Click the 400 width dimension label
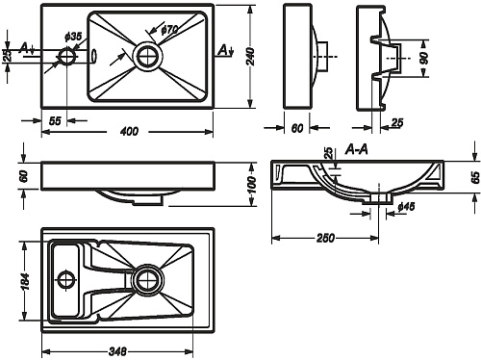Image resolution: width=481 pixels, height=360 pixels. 129,131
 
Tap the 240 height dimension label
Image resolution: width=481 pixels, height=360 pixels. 251,57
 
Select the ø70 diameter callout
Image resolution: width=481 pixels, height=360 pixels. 169,30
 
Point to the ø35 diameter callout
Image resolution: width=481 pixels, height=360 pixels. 73,37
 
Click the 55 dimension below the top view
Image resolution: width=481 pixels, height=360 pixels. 55,121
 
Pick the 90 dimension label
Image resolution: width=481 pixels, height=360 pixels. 424,58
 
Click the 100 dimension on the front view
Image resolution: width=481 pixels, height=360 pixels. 252,185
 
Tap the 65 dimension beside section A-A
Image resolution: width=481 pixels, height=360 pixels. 475,177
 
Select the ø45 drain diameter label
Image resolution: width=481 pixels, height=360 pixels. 406,207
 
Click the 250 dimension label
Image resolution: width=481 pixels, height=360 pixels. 325,238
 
